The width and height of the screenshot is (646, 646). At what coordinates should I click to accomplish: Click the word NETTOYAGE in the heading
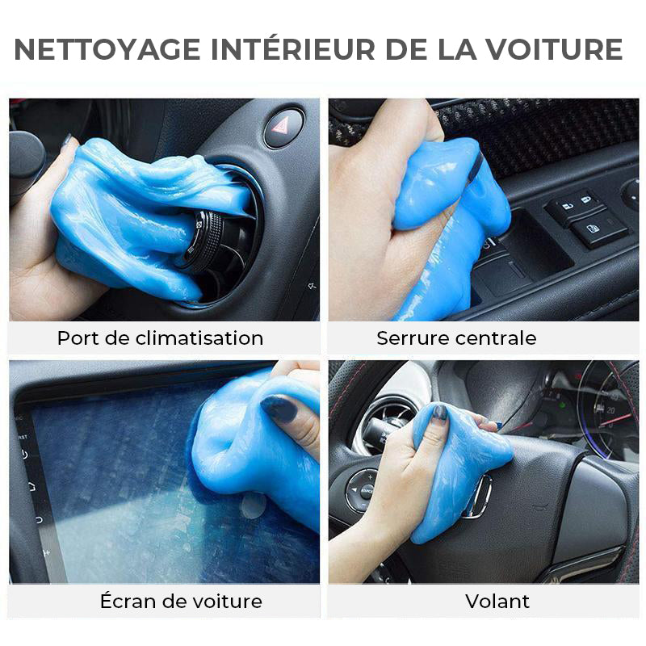[107, 49]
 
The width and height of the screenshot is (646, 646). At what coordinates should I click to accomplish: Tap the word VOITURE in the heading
[553, 49]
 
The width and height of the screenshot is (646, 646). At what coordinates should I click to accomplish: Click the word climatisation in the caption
[199, 338]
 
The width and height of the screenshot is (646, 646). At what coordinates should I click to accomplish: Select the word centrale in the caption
[497, 338]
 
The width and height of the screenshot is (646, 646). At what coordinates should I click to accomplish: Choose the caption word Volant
[497, 602]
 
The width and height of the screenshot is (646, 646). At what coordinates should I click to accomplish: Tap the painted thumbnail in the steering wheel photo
[439, 413]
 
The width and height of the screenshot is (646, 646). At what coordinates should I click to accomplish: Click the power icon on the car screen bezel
[24, 455]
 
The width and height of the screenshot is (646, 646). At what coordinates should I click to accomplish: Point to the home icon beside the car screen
[32, 487]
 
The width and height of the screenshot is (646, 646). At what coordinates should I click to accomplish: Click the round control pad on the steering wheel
[363, 491]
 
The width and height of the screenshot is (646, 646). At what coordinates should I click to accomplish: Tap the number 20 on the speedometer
[610, 410]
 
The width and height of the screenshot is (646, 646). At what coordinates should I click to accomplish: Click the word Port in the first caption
[78, 338]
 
